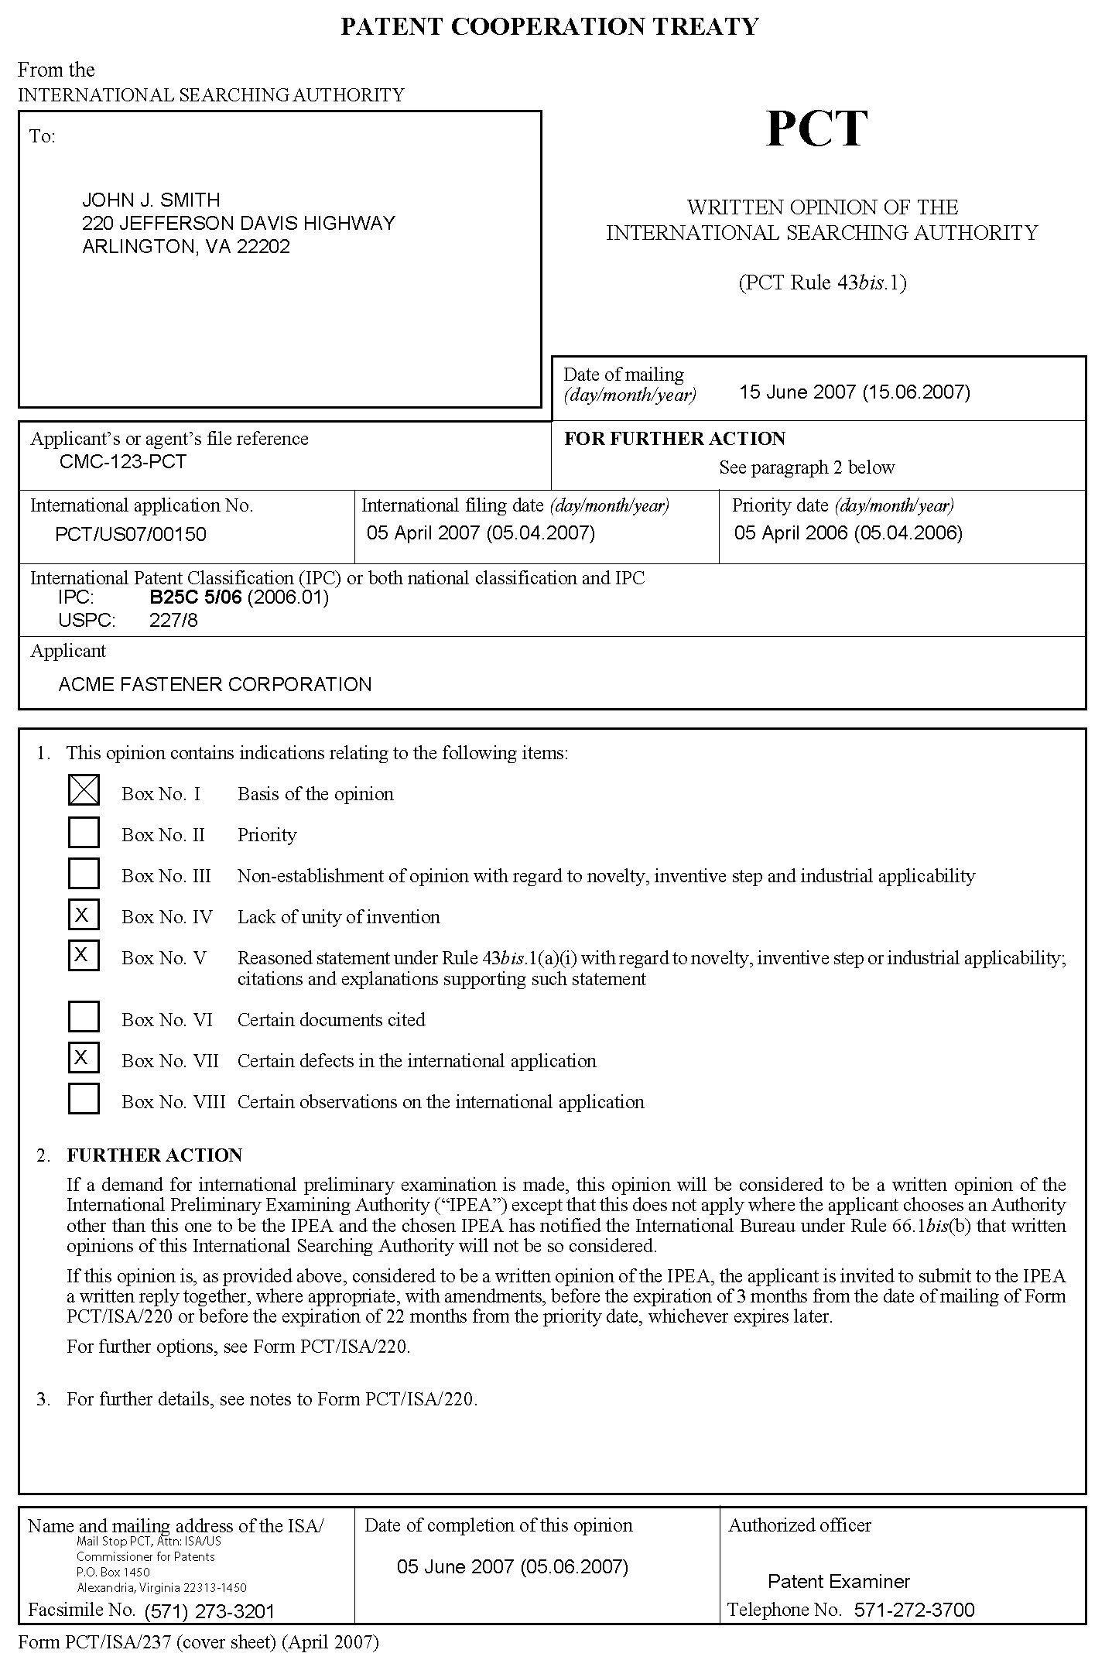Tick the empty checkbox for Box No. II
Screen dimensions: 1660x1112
(x=84, y=833)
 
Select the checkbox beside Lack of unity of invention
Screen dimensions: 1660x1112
(x=84, y=916)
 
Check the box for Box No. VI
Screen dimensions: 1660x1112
(x=84, y=1017)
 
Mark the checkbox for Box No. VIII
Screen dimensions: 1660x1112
(x=84, y=1098)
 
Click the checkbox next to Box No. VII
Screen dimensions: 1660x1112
(x=84, y=1058)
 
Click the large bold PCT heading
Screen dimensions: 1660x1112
(x=817, y=129)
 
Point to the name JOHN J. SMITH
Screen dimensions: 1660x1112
(x=152, y=200)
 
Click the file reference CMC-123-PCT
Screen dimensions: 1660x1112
(x=123, y=462)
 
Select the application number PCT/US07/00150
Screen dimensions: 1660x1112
(x=131, y=534)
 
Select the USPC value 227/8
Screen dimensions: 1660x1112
(x=173, y=621)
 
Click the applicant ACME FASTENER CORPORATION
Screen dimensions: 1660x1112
(x=215, y=684)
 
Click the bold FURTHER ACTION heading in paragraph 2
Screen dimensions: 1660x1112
(x=155, y=1155)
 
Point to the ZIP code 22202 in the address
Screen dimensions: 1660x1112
(x=265, y=247)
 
